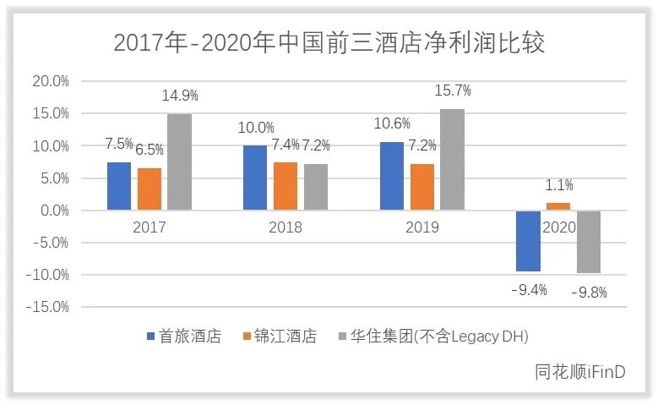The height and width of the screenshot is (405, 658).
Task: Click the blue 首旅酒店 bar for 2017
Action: [x=119, y=186]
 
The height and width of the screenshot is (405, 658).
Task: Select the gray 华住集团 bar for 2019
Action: [x=452, y=159]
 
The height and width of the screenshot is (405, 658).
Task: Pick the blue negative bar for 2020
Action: [x=528, y=241]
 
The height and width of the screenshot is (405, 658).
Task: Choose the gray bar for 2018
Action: [x=315, y=187]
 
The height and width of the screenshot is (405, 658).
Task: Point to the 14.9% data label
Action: [x=180, y=96]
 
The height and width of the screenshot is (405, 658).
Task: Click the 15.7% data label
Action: [x=453, y=90]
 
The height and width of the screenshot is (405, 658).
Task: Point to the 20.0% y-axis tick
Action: [x=50, y=81]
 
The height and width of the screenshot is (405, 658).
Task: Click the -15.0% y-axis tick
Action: [x=47, y=306]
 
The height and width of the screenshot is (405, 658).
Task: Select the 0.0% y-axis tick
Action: [x=52, y=210]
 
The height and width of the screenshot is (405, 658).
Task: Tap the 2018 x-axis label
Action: [x=285, y=227]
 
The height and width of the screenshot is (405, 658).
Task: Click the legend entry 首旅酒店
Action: [x=183, y=336]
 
